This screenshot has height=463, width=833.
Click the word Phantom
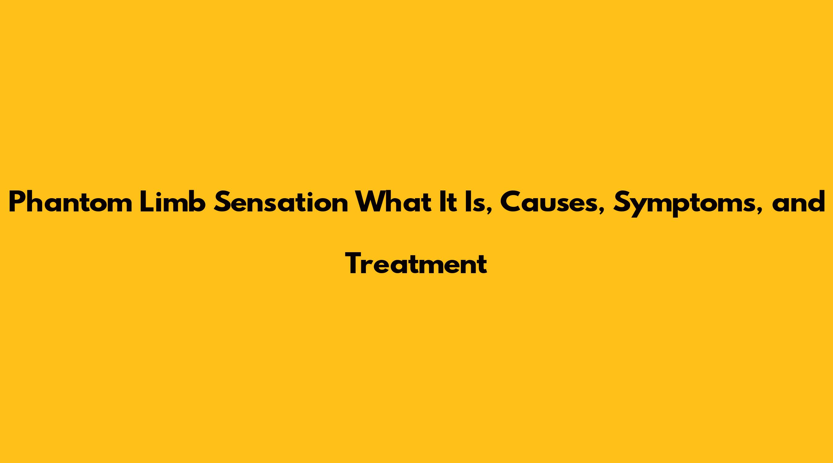click(70, 202)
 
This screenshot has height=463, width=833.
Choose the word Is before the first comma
click(473, 202)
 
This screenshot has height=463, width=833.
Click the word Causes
click(549, 202)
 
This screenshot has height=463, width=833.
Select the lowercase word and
click(798, 202)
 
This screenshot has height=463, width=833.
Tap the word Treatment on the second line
click(416, 264)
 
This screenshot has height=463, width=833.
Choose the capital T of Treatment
click(355, 264)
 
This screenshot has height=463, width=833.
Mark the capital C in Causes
click(511, 202)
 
